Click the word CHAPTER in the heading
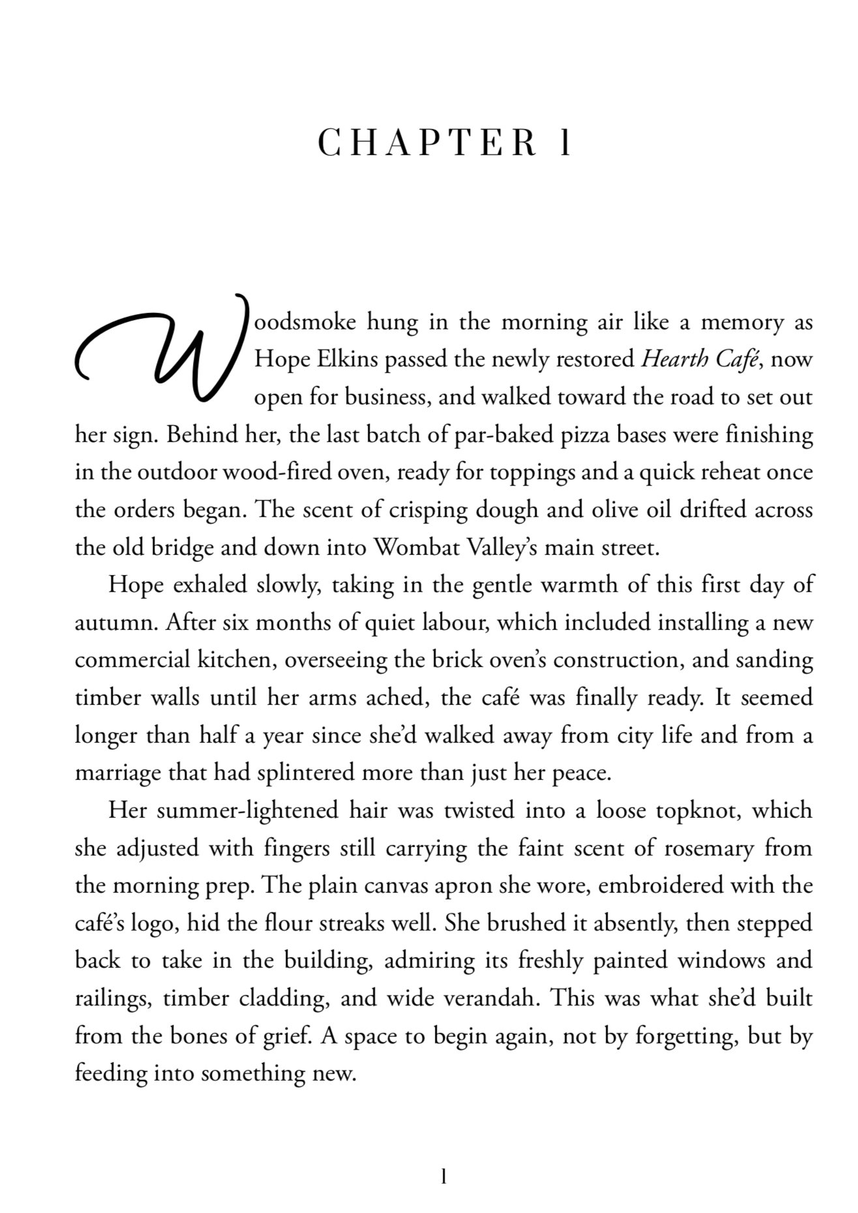[x=427, y=143]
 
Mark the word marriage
[x=119, y=773]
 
